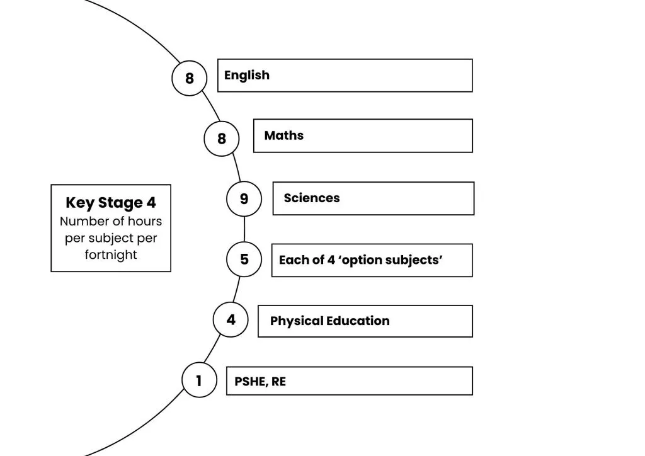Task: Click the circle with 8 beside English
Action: click(x=190, y=78)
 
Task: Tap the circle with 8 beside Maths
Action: click(x=222, y=138)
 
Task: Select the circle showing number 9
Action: click(x=244, y=199)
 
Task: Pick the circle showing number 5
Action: click(x=244, y=259)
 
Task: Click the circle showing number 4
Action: click(x=231, y=320)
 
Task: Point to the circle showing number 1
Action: click(x=199, y=380)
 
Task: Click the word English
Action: click(x=247, y=76)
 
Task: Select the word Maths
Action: click(x=284, y=135)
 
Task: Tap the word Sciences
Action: click(x=312, y=198)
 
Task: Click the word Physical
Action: click(x=296, y=321)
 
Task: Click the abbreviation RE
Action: click(x=278, y=381)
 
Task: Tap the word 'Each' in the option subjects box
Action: click(x=293, y=259)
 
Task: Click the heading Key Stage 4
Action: click(x=111, y=203)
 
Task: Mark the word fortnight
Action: click(x=111, y=254)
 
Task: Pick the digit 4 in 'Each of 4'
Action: click(x=331, y=259)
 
